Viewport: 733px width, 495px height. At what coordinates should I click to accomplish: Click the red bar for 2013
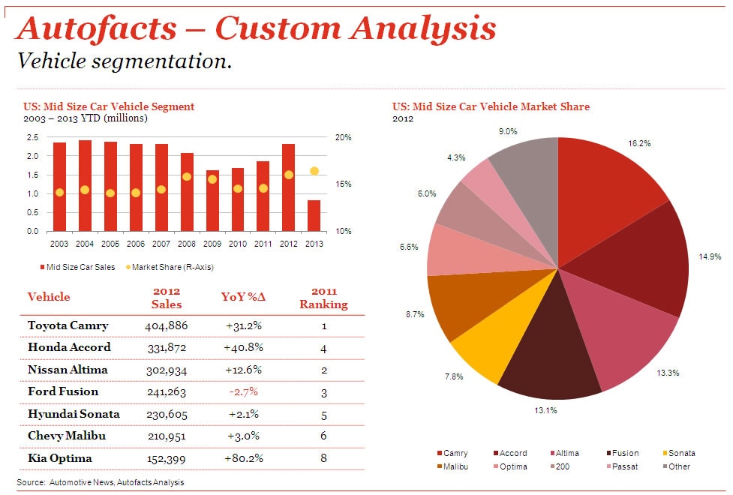point(314,216)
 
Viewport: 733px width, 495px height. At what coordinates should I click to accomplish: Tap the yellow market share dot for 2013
point(314,171)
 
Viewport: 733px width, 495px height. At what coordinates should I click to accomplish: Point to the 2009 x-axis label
point(212,244)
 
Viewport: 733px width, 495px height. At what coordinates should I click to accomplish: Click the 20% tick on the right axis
point(343,138)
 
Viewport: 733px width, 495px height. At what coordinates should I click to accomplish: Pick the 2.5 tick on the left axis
point(32,138)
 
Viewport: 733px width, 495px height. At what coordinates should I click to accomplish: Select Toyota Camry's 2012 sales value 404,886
point(166,325)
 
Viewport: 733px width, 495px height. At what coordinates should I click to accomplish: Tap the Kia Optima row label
point(60,458)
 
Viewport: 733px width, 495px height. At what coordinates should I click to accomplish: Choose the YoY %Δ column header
point(243,297)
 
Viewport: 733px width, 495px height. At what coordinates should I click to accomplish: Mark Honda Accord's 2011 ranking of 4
point(324,348)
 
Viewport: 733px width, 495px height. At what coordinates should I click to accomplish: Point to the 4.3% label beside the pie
point(456,157)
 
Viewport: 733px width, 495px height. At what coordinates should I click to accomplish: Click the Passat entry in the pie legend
point(627,466)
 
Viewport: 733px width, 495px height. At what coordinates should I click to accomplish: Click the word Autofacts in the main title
point(96,28)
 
